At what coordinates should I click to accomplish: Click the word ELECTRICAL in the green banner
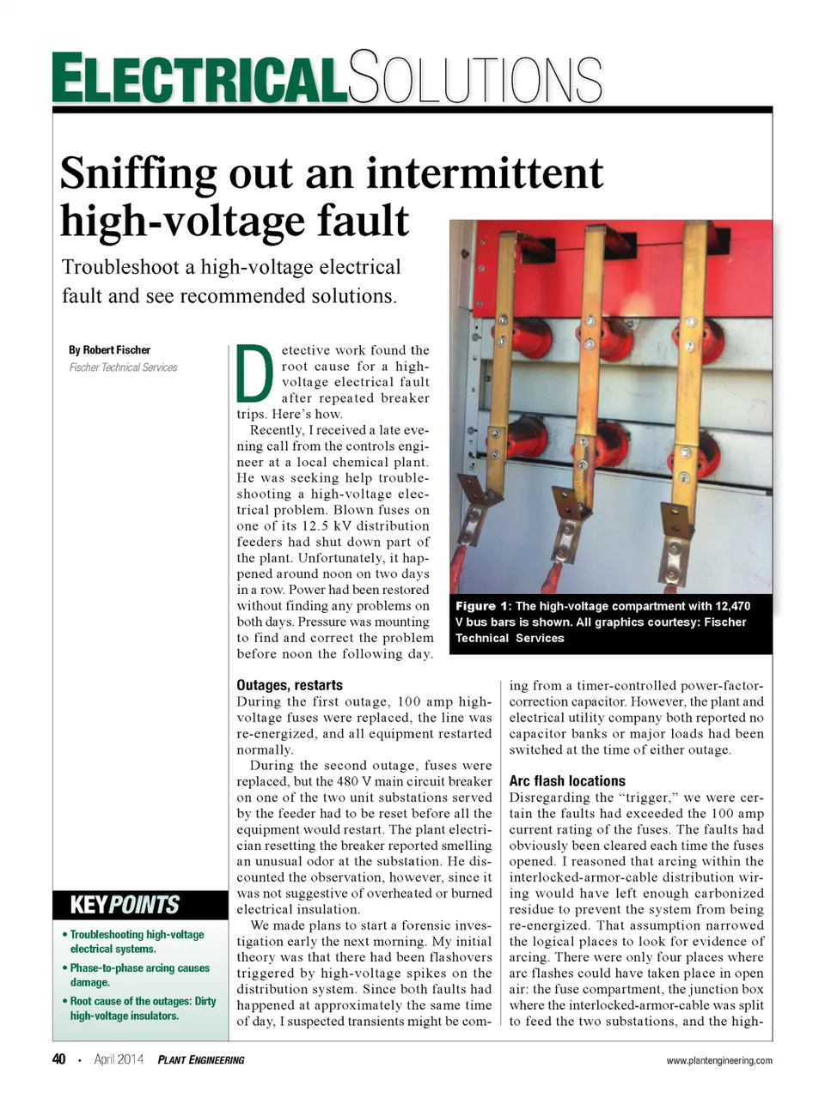[x=199, y=79]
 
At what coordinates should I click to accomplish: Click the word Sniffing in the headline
[x=137, y=173]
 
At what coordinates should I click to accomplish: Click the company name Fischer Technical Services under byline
[x=123, y=367]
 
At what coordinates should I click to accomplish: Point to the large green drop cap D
[x=254, y=373]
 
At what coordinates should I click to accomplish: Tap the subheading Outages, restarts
[x=290, y=685]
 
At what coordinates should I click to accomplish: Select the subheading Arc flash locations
[x=567, y=781]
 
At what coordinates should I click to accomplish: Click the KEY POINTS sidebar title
[x=125, y=905]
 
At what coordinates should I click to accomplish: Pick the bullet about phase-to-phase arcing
[x=139, y=974]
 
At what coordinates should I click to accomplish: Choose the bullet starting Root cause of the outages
[x=143, y=1008]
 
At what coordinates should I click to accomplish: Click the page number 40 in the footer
[x=59, y=1059]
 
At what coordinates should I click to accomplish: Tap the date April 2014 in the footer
[x=119, y=1059]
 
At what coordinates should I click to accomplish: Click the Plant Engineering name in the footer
[x=201, y=1060]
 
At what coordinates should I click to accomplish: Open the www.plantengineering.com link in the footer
[x=719, y=1060]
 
